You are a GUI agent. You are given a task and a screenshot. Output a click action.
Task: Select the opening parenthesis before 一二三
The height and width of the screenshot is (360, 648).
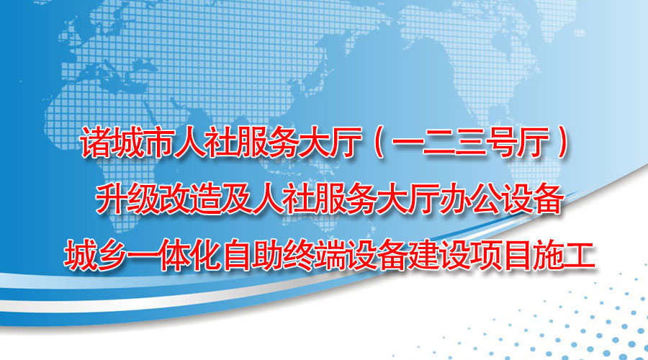[379, 143]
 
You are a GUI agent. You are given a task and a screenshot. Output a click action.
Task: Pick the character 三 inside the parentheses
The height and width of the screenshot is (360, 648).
[470, 143]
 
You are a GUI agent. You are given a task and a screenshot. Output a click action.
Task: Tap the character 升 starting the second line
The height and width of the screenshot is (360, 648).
[112, 199]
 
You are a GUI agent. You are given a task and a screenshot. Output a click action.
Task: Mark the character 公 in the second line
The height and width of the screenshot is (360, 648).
[486, 199]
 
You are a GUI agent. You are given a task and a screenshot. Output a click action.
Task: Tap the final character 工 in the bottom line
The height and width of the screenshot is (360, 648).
[580, 256]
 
